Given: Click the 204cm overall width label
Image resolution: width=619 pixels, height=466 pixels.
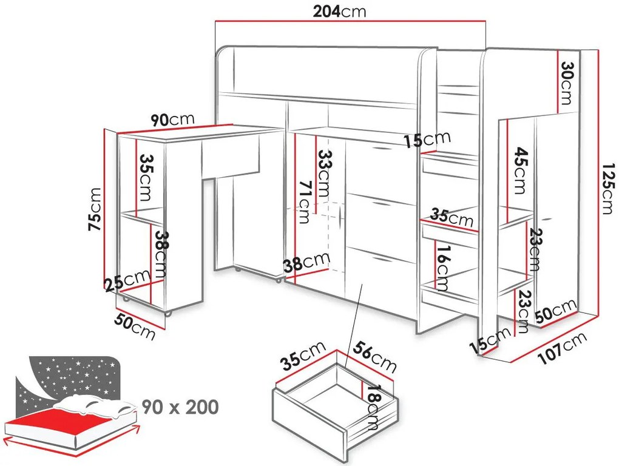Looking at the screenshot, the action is click(339, 12).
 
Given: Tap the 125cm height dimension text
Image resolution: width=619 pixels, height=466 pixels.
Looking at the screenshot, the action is click(609, 189).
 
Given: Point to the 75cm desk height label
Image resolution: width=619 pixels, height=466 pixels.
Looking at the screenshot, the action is click(95, 209).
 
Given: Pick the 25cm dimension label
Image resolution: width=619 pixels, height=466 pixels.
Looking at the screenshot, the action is click(127, 280).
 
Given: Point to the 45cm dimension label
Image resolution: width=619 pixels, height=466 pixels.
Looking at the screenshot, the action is click(521, 171).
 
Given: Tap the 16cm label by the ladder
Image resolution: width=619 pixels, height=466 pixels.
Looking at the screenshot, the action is click(442, 268).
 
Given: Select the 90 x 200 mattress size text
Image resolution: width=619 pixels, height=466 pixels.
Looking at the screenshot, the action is click(180, 407).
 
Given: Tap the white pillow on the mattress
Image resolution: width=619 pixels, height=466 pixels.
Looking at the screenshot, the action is click(95, 405).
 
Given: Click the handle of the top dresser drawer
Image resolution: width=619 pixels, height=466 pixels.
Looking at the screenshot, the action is click(380, 149).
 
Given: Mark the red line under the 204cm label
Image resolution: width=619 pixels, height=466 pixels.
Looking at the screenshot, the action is click(350, 21).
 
